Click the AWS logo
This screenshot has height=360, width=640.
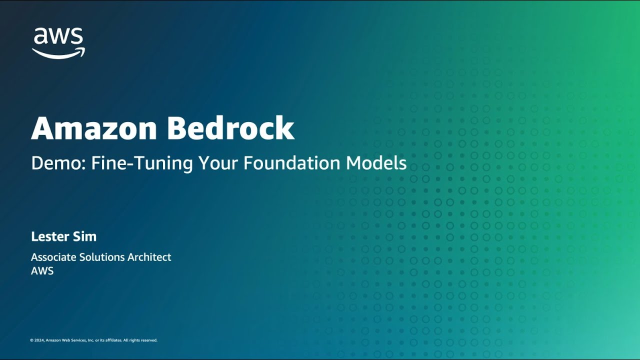(x=58, y=42)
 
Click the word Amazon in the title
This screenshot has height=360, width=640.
(x=94, y=128)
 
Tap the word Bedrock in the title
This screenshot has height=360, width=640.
(x=230, y=128)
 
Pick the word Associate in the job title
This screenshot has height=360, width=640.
(x=53, y=257)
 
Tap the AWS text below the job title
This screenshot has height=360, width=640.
(x=42, y=271)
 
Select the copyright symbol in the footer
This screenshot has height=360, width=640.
(x=31, y=340)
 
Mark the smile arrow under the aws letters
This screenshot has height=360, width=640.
(x=58, y=53)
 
